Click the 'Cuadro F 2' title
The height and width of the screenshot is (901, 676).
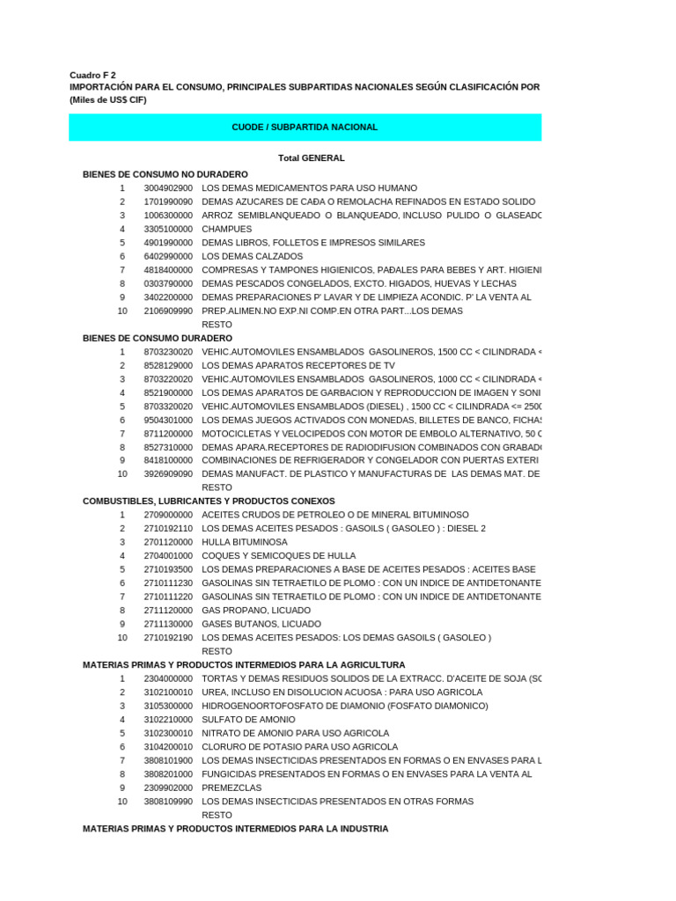92,75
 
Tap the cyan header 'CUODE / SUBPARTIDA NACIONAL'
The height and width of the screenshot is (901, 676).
305,128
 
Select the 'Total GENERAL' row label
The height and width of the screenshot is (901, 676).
311,158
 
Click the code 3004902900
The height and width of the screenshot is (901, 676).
168,188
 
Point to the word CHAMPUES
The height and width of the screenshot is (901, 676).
226,229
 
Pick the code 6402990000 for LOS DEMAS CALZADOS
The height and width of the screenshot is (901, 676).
168,256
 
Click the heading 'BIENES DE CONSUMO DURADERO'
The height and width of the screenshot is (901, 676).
158,338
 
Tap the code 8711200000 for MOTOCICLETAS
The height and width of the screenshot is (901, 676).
168,433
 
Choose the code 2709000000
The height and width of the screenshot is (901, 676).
168,515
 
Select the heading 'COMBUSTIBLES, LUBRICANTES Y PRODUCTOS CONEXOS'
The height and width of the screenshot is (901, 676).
209,502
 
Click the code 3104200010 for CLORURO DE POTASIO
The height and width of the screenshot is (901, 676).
168,747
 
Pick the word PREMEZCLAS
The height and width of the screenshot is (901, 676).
231,787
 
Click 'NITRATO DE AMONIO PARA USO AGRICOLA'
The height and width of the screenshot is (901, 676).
295,733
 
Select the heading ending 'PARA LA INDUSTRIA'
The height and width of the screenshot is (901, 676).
235,829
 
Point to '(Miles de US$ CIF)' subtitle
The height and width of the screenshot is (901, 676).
108,99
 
